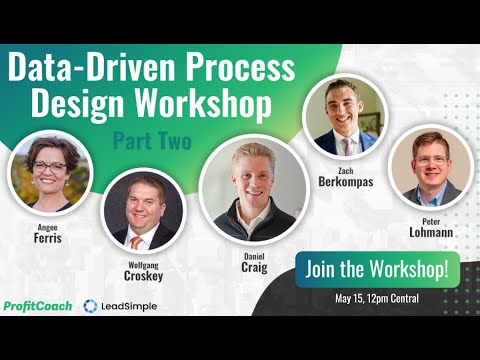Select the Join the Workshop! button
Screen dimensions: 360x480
(x=378, y=269)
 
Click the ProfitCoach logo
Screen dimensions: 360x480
(x=38, y=305)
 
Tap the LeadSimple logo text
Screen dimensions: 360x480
(x=129, y=305)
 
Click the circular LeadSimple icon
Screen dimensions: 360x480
(x=91, y=305)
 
